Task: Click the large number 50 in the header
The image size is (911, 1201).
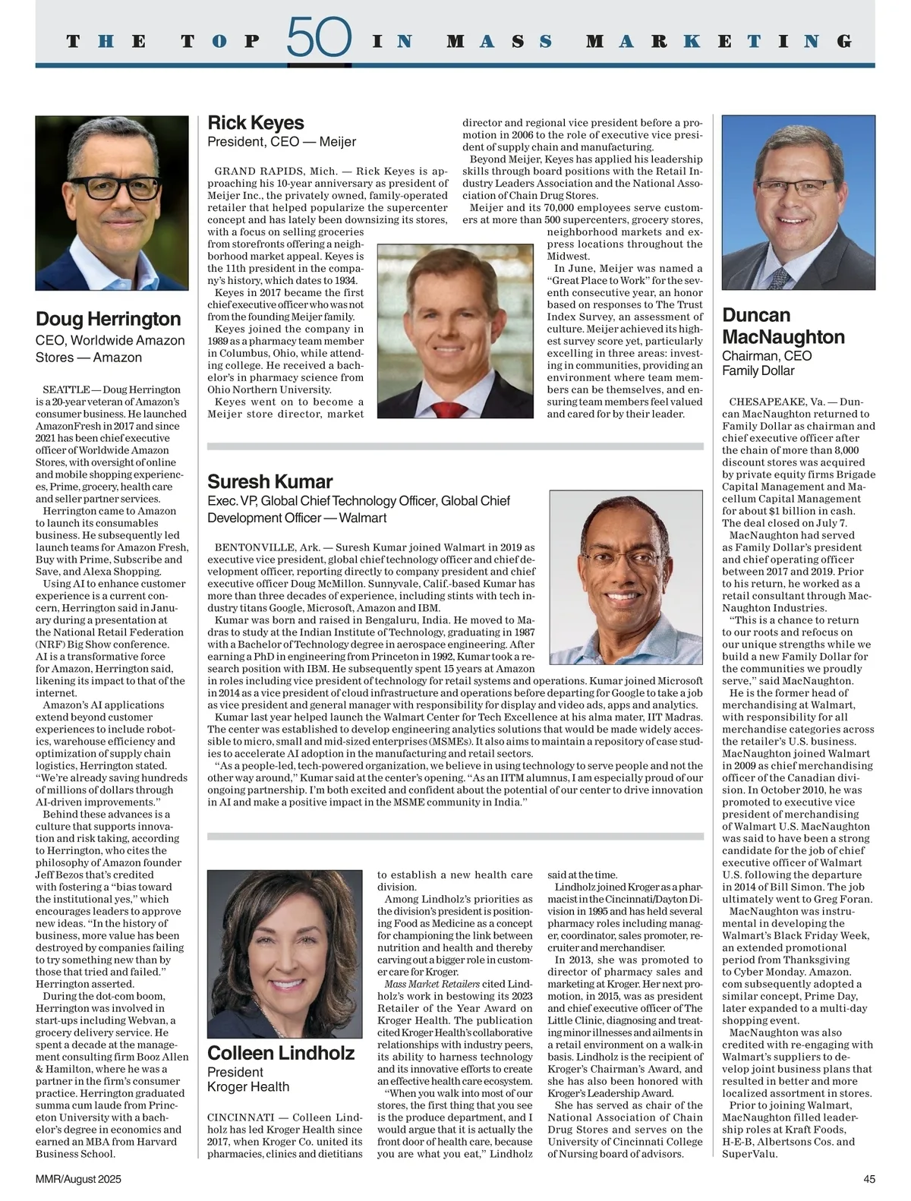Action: click(319, 37)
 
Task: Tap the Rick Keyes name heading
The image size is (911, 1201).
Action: click(256, 123)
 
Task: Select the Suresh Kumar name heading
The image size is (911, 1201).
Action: click(270, 482)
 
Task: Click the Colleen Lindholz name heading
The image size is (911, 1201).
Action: click(281, 1053)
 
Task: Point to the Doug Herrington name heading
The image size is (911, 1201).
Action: click(109, 319)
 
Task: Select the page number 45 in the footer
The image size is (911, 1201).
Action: click(869, 1180)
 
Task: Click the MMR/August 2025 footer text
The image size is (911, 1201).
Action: click(78, 1180)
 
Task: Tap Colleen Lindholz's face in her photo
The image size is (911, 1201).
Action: click(283, 945)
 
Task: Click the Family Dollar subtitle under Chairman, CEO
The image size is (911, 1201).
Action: click(758, 371)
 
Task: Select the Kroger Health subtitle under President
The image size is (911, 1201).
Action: click(248, 1087)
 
